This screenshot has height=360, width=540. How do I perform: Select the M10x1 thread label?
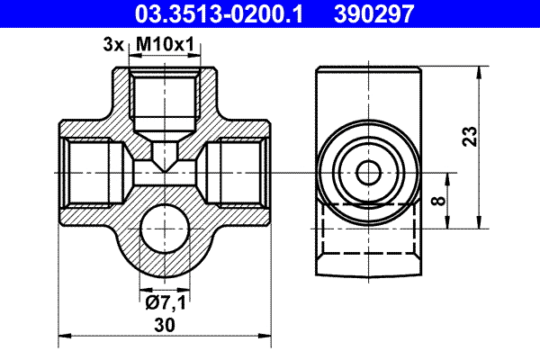click(x=163, y=42)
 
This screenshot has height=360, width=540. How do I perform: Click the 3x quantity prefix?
click(x=112, y=42)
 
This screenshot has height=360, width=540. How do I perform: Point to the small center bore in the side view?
click(x=368, y=171)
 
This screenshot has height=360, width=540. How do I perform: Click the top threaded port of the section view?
click(x=165, y=99)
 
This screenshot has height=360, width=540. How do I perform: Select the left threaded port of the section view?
click(x=90, y=171)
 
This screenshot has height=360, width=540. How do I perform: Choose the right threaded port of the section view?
click(x=238, y=171)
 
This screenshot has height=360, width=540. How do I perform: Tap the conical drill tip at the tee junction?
click(x=165, y=160)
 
